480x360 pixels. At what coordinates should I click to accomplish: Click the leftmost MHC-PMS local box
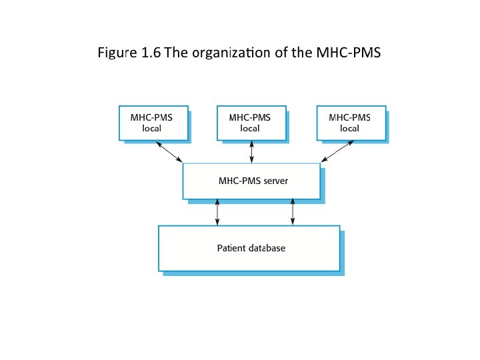[x=153, y=123]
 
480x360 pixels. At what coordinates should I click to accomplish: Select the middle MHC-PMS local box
[x=251, y=123]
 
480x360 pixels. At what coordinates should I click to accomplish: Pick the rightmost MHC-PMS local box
[x=350, y=123]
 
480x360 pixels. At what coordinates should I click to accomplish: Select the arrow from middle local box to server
[x=251, y=152]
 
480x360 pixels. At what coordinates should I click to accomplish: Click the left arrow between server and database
[x=217, y=212]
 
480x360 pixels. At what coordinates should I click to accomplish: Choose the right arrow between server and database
[x=293, y=212]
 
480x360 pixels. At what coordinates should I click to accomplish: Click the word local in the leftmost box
[x=152, y=129]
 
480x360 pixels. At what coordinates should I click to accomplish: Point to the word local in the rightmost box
[x=349, y=129]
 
